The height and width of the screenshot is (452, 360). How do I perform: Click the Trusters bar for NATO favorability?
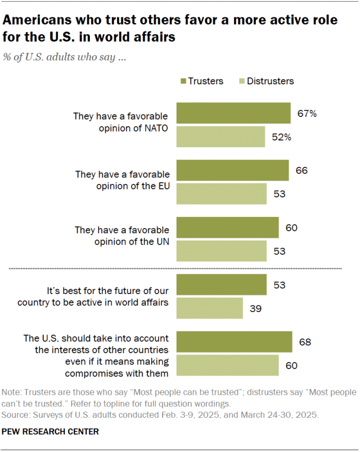click(x=233, y=113)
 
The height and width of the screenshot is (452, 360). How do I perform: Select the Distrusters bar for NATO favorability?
click(x=221, y=137)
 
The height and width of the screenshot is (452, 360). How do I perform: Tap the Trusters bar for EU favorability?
click(x=233, y=170)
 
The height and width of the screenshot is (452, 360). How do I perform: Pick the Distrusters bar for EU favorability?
click(x=222, y=194)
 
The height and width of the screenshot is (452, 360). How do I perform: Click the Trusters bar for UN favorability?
click(x=228, y=228)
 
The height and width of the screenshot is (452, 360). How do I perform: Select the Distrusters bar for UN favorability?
click(x=222, y=251)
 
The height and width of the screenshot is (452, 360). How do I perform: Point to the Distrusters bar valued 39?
click(x=210, y=309)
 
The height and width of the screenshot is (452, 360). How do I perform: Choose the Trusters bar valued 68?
click(x=235, y=342)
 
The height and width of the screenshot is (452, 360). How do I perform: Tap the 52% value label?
click(x=281, y=137)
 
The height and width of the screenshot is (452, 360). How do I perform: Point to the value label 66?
click(x=301, y=170)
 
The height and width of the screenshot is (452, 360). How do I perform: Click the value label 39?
click(x=255, y=309)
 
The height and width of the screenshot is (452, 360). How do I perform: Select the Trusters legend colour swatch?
click(x=183, y=82)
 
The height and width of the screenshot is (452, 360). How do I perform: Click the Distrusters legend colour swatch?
click(x=243, y=82)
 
